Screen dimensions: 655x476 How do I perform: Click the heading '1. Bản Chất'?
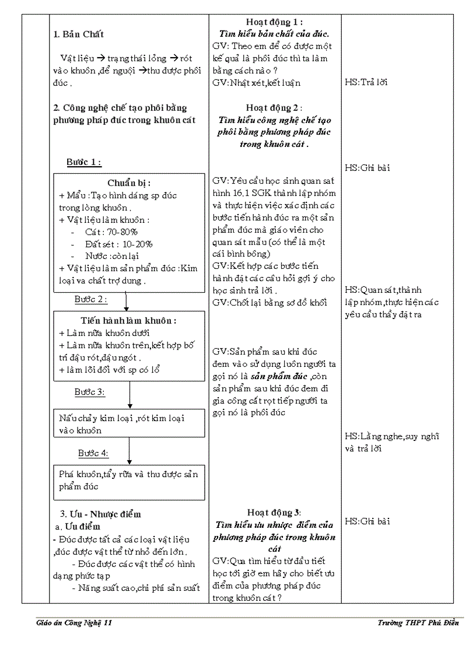tap(79, 34)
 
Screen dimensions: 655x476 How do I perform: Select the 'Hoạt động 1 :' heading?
tap(274, 22)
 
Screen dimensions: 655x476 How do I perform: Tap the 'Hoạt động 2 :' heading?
tap(274, 108)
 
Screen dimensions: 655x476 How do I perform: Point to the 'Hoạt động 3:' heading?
tap(274, 513)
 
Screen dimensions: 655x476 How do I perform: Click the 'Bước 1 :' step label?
tap(84, 162)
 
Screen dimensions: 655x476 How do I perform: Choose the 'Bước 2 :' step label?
tap(91, 299)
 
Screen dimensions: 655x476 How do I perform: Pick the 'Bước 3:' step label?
tap(90, 392)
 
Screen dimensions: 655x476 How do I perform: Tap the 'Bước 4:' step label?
tap(93, 453)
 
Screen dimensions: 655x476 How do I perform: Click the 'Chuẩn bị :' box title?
tap(129, 183)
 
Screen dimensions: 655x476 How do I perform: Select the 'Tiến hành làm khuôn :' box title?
tap(129, 321)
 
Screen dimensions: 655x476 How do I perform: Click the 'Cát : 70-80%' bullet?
tap(111, 232)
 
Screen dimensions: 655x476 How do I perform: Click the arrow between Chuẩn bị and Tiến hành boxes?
tap(127, 302)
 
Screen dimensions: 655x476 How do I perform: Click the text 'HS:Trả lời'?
tap(366, 82)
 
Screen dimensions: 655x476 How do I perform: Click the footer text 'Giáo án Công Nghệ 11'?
tap(73, 623)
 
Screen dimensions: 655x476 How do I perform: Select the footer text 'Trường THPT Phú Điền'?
tap(418, 623)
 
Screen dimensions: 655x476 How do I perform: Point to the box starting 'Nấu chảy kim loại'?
tap(129, 424)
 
